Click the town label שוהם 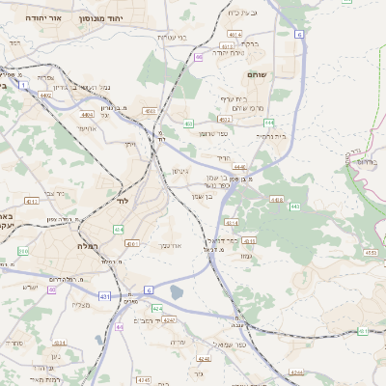[x=284, y=74]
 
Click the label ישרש [x=30, y=287]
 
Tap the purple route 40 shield [x=51, y=304]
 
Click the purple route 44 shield [x=120, y=328]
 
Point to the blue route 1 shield [x=149, y=289]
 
